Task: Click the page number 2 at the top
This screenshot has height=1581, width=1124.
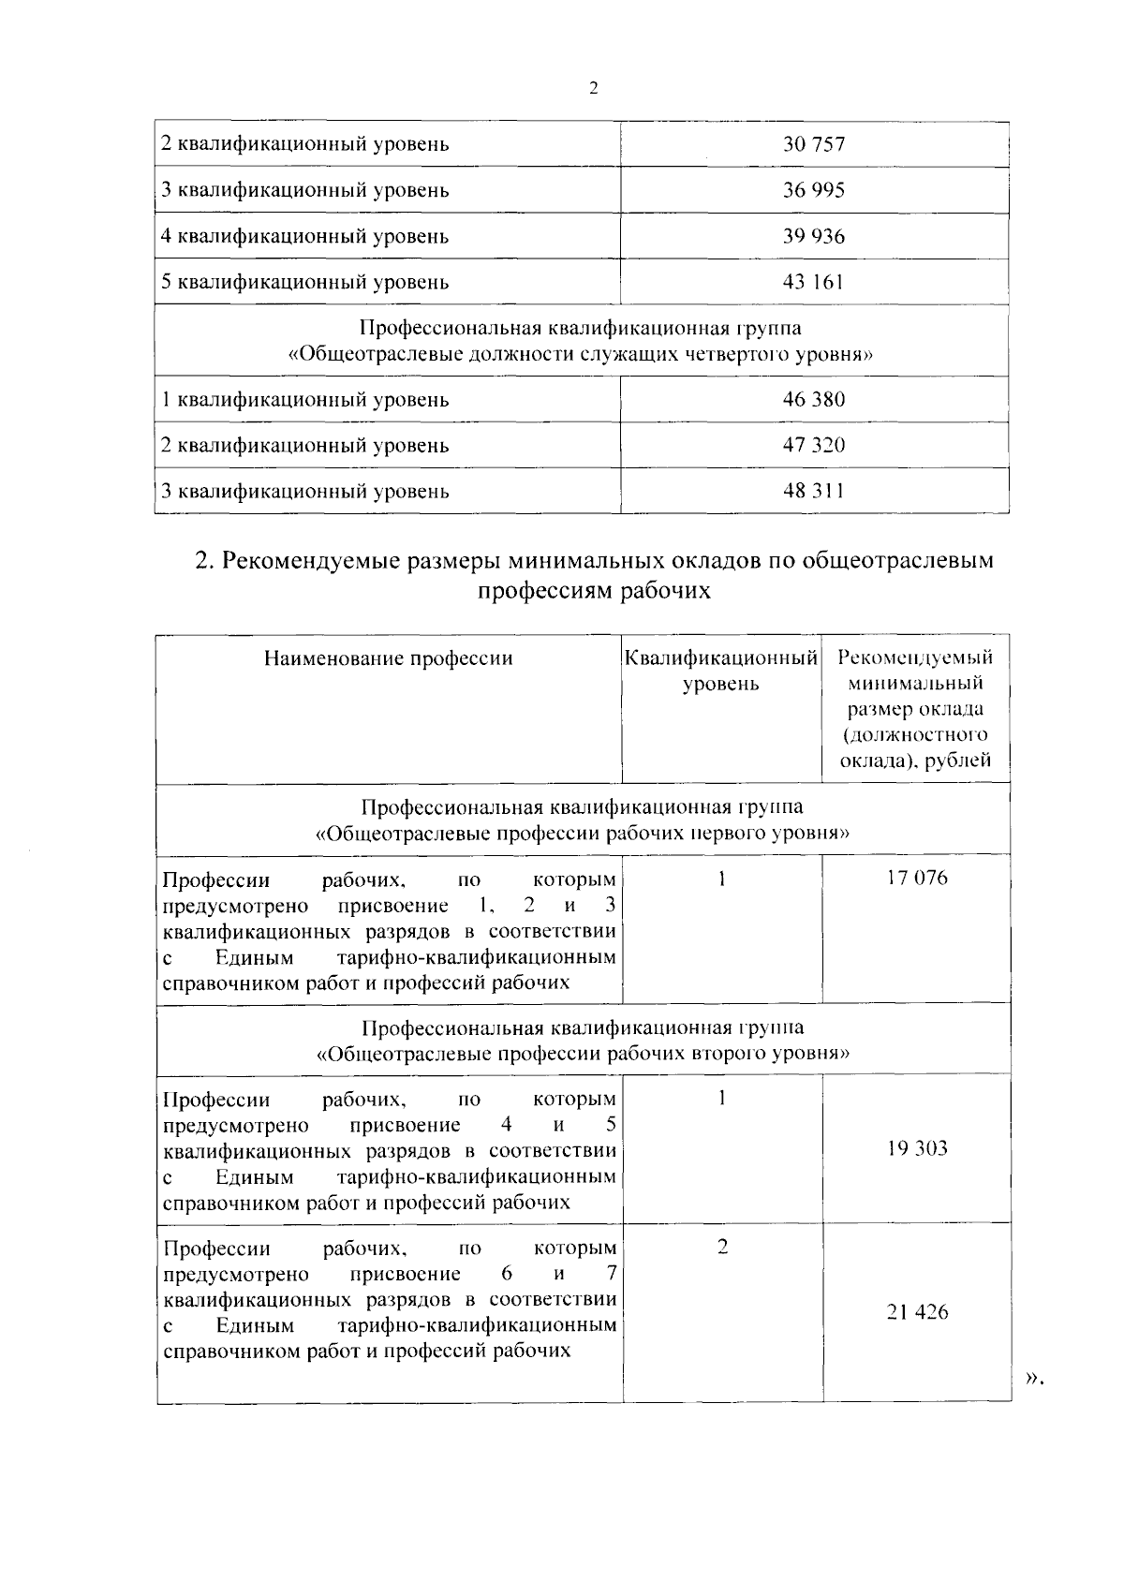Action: click(x=593, y=89)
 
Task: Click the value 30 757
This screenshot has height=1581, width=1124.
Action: click(x=813, y=144)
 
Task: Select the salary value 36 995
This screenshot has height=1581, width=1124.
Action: click(x=813, y=190)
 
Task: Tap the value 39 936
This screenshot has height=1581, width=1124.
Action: click(x=813, y=236)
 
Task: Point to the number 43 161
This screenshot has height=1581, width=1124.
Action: click(x=813, y=282)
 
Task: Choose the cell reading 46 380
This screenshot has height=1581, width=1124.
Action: click(x=813, y=400)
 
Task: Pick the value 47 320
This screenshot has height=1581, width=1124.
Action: click(x=813, y=446)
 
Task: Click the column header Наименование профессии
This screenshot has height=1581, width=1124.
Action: click(x=388, y=658)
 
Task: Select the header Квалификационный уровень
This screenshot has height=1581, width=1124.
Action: click(x=720, y=671)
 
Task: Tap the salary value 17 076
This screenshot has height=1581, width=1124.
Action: click(x=917, y=879)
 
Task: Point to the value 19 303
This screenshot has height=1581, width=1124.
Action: click(x=917, y=1148)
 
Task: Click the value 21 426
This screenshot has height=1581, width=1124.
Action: click(x=917, y=1312)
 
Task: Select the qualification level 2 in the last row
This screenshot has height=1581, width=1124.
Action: click(x=722, y=1248)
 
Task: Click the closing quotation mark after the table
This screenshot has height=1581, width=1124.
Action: click(x=1032, y=1377)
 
